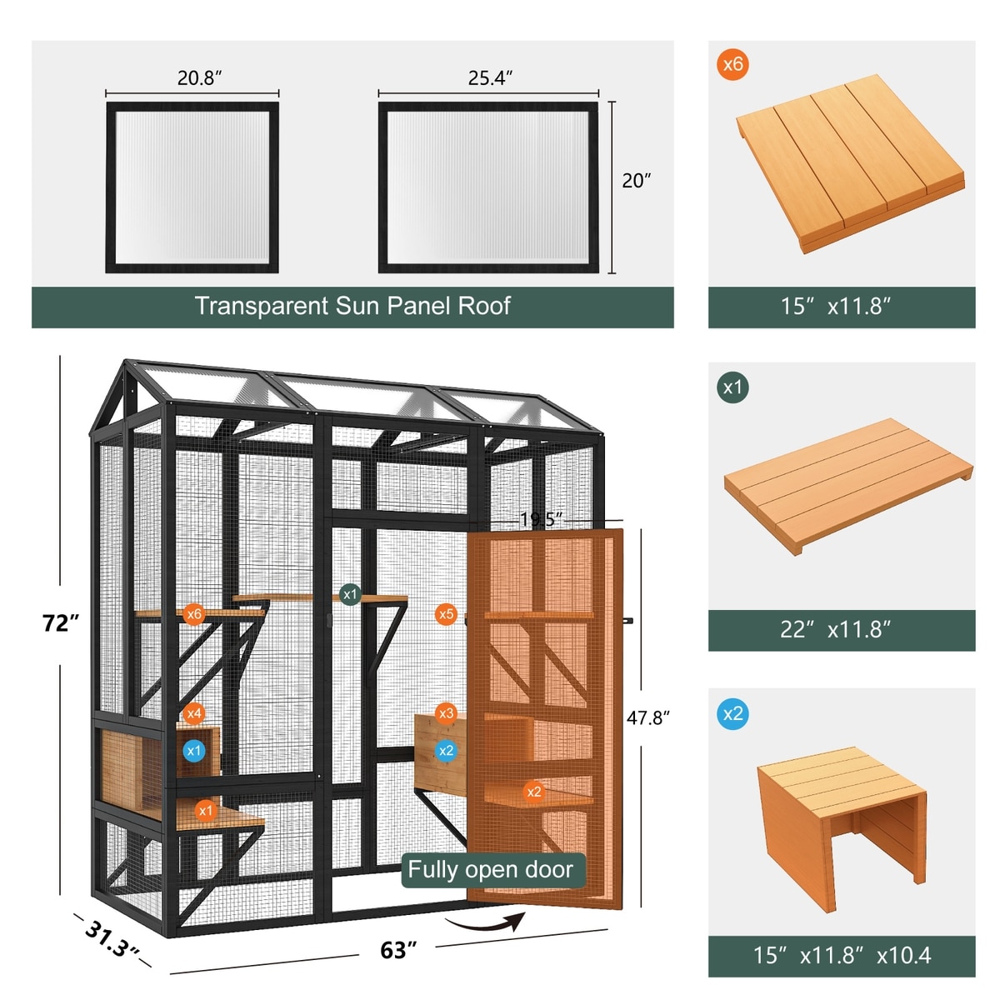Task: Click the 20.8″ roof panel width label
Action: (x=199, y=77)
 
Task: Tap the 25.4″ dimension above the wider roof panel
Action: (x=490, y=77)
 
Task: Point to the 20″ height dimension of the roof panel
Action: (x=636, y=181)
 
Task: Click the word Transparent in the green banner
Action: (x=262, y=306)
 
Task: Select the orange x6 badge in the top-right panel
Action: (x=732, y=64)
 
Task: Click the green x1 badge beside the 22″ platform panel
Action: (x=732, y=387)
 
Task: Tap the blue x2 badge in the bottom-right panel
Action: (x=732, y=714)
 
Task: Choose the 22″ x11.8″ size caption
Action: (x=835, y=629)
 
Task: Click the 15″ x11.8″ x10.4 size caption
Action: (x=842, y=955)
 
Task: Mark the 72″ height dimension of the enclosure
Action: (x=61, y=623)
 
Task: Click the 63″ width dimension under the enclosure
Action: (x=398, y=950)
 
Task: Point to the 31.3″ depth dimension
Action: (x=111, y=938)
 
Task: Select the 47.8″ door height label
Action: (x=647, y=717)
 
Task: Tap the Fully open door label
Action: (x=490, y=870)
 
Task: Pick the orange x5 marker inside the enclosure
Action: (x=446, y=614)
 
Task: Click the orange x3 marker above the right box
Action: (x=446, y=713)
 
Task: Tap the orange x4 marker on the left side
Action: (x=193, y=713)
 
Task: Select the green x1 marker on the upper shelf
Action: (x=350, y=594)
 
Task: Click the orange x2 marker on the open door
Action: (x=533, y=792)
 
